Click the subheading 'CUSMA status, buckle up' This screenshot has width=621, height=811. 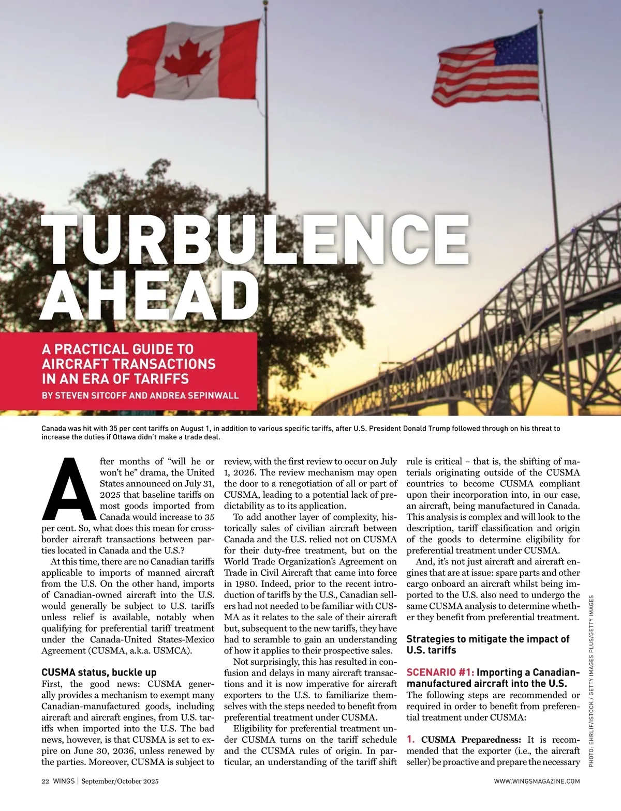98,672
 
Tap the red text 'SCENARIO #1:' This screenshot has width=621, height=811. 440,672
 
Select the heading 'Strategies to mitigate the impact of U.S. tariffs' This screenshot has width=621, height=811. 487,645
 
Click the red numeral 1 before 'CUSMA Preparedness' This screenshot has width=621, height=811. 410,739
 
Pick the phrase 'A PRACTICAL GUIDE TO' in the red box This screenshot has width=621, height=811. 117,349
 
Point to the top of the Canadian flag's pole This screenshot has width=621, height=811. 265,3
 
